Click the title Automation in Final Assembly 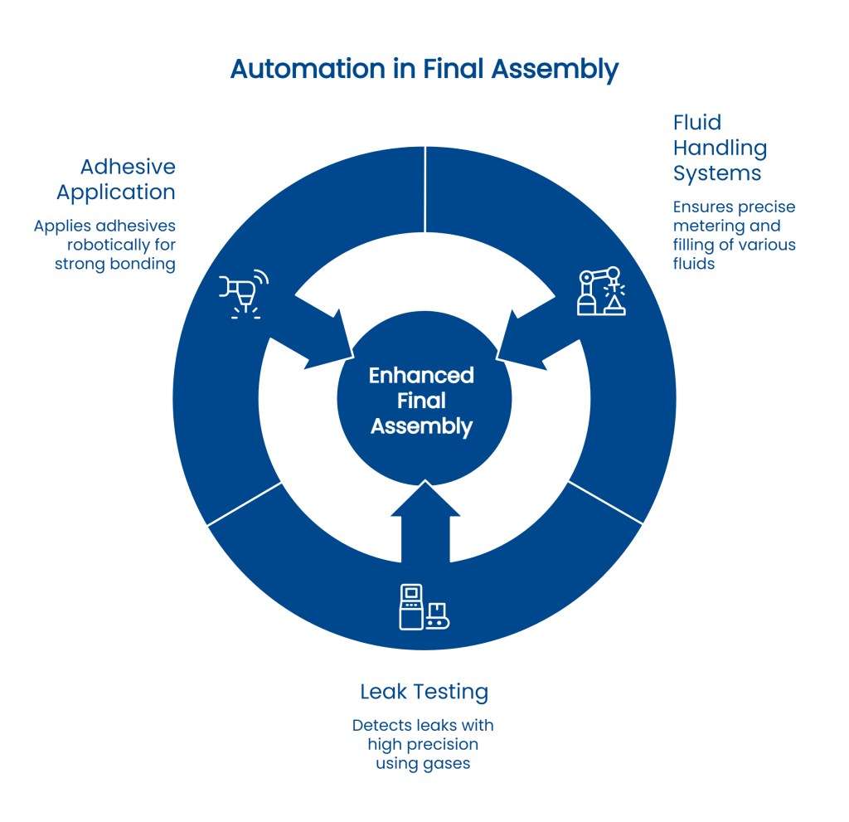click(x=424, y=70)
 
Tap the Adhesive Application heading click(x=116, y=180)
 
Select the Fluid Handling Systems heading click(x=720, y=148)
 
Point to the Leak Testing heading click(x=424, y=691)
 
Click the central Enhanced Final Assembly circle click(x=422, y=401)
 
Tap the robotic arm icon click(x=602, y=291)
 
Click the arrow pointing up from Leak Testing click(x=424, y=518)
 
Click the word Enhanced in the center click(x=421, y=376)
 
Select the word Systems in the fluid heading click(x=717, y=174)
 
